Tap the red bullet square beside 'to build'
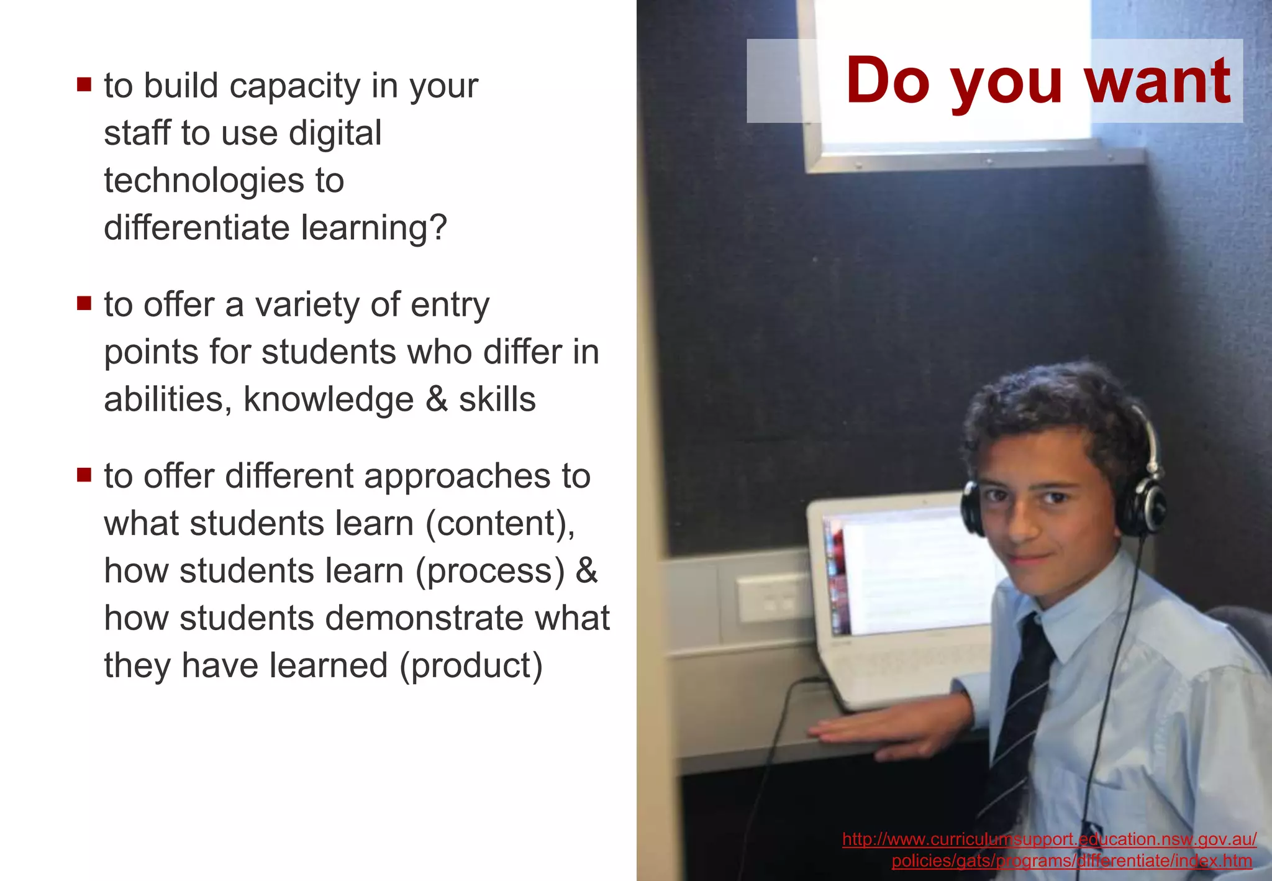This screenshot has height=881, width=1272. (x=84, y=84)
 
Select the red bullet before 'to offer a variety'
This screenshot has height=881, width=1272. (x=84, y=303)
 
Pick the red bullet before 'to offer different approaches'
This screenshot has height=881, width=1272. (x=84, y=475)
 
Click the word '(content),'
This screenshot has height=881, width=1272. (x=501, y=523)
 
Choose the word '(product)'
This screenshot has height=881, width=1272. (x=471, y=665)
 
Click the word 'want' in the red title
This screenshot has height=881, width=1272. (x=1157, y=81)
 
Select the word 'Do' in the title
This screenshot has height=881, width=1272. (x=888, y=81)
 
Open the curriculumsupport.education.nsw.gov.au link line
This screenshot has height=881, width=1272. (x=1049, y=839)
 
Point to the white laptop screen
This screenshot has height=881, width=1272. (x=913, y=572)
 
